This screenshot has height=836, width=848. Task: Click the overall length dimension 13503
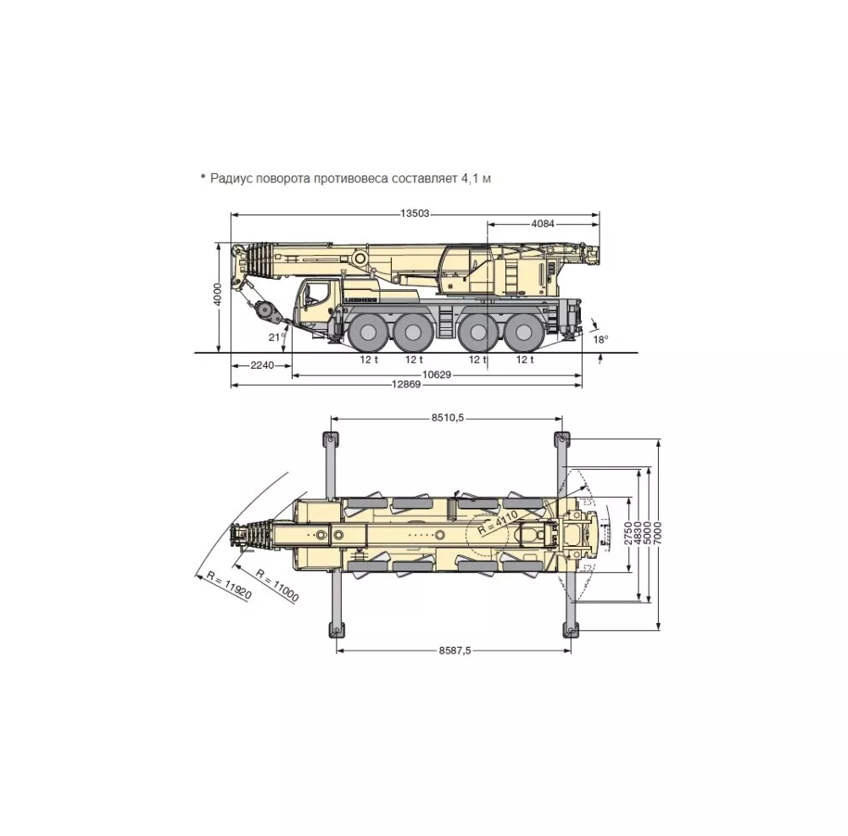(x=415, y=213)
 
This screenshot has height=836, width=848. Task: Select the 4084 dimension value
(x=543, y=223)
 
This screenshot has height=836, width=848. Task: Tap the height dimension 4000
(x=217, y=294)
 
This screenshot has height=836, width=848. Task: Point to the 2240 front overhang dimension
(x=262, y=365)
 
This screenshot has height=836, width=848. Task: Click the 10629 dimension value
(x=437, y=374)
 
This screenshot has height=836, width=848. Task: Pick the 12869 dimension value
(x=406, y=384)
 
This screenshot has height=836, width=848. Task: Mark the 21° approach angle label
(x=276, y=337)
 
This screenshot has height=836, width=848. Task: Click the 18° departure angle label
(x=600, y=340)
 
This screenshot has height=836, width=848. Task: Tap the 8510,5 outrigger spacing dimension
(x=448, y=417)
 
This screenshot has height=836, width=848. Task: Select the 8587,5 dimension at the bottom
(x=455, y=650)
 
